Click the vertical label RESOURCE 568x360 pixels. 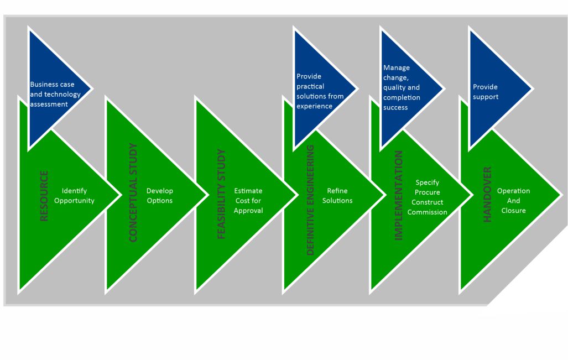pos(44,196)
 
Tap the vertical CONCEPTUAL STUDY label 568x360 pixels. pos(133,192)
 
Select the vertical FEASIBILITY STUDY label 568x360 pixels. pos(221,194)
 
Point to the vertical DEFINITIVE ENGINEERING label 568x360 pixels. pos(310,200)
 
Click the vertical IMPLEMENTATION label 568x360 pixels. pos(398,195)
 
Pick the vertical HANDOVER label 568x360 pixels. pos(487,194)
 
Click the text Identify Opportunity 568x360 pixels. pos(74,196)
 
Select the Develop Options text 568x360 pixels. pos(159,196)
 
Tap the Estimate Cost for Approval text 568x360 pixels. pos(248,200)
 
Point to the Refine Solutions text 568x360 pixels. pos(337,196)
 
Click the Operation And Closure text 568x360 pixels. pos(513,200)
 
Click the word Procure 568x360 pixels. pos(427,192)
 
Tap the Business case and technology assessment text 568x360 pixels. pos(55,94)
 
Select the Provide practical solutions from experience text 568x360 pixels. pos(320,91)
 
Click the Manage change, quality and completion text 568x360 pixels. pos(402,87)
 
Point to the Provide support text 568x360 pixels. pos(485,92)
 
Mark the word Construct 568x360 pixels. pos(427,202)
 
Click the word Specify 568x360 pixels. pos(427,182)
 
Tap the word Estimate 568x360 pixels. pos(248,191)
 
